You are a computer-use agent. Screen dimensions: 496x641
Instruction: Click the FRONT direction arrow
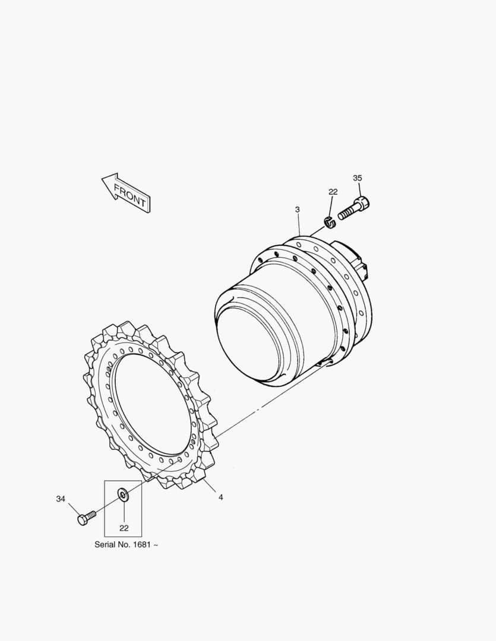126,193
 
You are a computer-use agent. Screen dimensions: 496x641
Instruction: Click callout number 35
357,178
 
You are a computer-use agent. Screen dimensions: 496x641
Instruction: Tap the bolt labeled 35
354,208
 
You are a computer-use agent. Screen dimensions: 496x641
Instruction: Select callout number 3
298,210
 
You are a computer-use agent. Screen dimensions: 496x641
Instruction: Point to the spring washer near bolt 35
330,223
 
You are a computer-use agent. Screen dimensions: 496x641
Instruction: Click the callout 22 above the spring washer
333,192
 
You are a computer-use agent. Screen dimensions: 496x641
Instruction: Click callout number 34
61,499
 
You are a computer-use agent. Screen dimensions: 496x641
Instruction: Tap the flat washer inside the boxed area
122,494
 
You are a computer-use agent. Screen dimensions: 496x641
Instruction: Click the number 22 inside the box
124,528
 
